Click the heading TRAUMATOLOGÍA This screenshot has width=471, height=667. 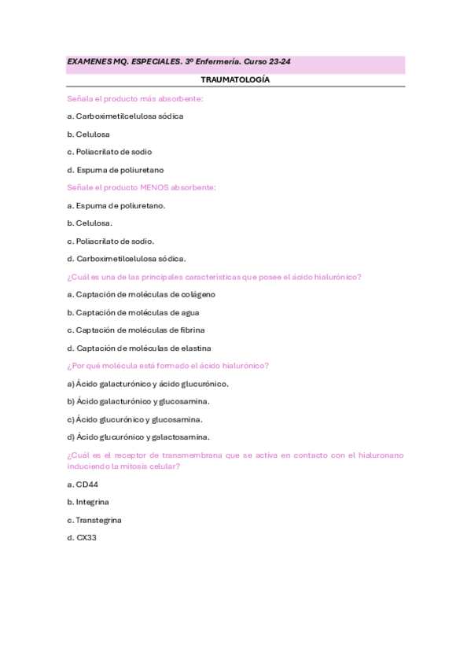coord(235,80)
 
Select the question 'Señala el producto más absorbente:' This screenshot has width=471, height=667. coord(135,98)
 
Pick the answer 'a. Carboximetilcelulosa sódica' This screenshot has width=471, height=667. coord(125,116)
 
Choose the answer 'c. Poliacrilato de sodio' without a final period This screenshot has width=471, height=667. coord(109,152)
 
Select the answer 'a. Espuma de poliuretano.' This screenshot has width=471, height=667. coord(116,205)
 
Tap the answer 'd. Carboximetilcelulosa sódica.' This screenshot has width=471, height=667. coord(127,259)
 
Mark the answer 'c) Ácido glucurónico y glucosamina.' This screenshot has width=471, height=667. coord(135,419)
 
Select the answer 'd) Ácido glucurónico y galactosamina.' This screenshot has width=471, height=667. coord(138,437)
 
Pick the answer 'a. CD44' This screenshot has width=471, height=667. coord(83,485)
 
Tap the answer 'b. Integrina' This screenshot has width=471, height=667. coord(88,502)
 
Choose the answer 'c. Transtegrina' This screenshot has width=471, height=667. coord(94,520)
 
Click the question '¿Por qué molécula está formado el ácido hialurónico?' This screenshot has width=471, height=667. coord(168,366)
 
